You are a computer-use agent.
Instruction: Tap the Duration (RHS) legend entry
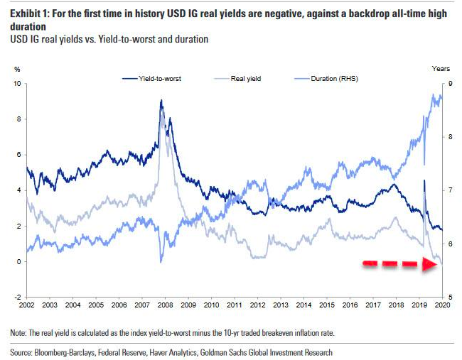pos(333,79)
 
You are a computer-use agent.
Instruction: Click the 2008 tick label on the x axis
pos(165,304)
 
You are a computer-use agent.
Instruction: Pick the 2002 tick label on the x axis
pos(27,304)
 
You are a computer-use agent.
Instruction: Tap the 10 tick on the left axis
pos(17,84)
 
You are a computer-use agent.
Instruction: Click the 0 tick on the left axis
pos(18,261)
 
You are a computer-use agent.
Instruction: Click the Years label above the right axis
pos(441,68)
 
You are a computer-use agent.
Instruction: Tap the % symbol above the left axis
pos(17,68)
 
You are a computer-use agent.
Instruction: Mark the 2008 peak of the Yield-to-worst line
pos(161,102)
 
